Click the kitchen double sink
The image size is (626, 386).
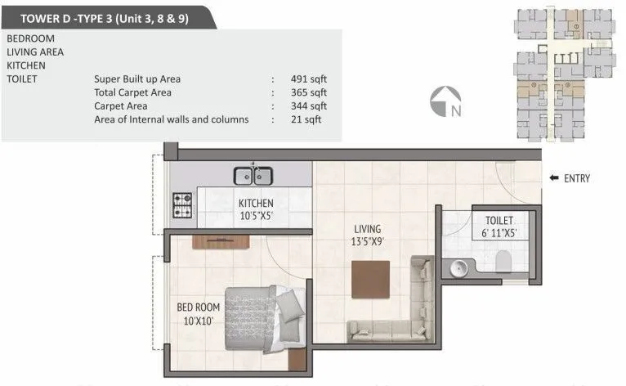point(253,175)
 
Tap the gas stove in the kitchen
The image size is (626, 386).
point(181,204)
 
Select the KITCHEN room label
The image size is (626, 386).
point(255,204)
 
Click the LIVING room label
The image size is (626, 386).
point(367,230)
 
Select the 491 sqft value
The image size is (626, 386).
point(308,79)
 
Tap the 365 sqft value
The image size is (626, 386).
point(308,92)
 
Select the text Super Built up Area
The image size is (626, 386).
point(137,79)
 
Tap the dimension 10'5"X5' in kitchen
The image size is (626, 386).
point(256,217)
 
